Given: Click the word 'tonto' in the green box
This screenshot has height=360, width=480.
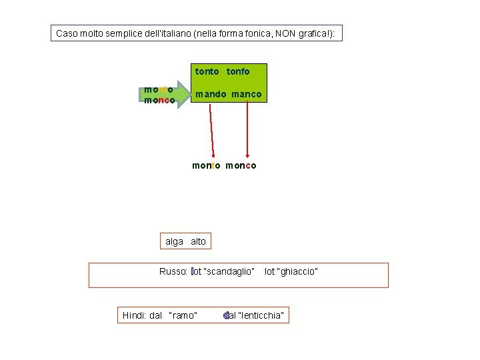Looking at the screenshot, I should click(207, 71).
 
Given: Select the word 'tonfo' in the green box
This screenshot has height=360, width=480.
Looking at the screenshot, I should click(238, 71).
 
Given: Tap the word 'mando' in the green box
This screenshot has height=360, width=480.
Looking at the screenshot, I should click(209, 95).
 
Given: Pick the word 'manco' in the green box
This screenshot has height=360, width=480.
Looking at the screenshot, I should click(247, 95).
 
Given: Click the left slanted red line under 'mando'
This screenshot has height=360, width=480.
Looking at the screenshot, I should click(211, 130).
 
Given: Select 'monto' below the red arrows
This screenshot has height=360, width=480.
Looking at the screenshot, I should click(206, 165).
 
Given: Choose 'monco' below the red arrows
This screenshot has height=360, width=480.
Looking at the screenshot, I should click(241, 165).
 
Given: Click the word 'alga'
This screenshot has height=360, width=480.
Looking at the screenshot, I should click(174, 241).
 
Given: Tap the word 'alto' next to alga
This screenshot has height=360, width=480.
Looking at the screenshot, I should click(198, 241).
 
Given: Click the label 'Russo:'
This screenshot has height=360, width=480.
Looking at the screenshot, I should click(173, 271).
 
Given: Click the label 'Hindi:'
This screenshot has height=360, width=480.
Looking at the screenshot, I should click(135, 315).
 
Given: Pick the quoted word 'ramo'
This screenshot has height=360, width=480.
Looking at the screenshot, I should click(183, 315).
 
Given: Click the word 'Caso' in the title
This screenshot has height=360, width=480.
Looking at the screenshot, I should click(67, 33).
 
